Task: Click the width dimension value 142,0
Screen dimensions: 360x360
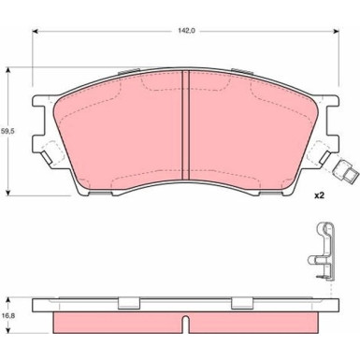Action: pos(183,30)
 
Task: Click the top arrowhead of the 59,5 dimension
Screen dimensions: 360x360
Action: pos(10,69)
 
